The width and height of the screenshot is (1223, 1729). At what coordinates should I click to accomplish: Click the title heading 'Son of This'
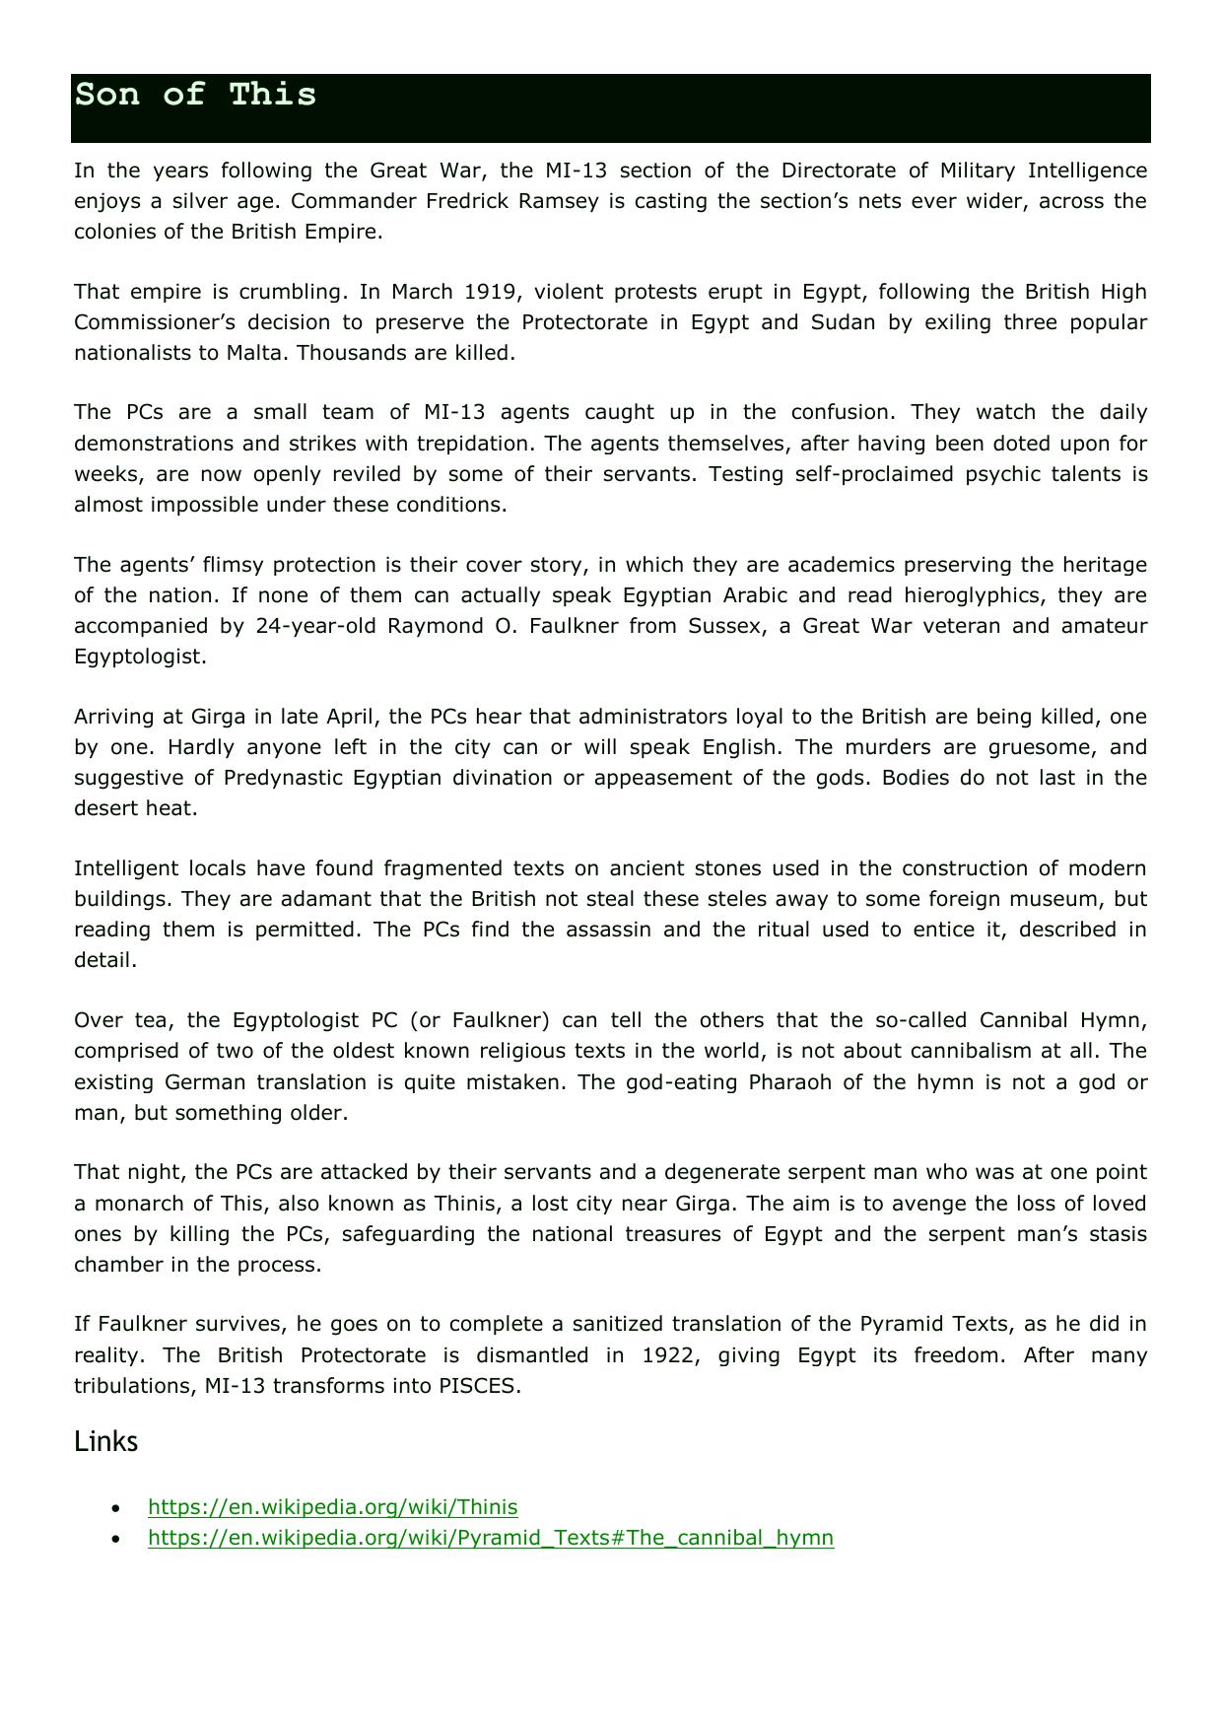[x=195, y=96]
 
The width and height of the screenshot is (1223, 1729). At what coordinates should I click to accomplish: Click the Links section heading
[x=105, y=1442]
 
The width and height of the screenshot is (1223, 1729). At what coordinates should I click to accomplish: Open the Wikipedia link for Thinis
[x=332, y=1507]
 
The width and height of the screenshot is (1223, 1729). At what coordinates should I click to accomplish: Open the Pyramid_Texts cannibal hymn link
[x=490, y=1538]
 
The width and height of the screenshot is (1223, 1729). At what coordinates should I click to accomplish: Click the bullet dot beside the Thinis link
[x=117, y=1508]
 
